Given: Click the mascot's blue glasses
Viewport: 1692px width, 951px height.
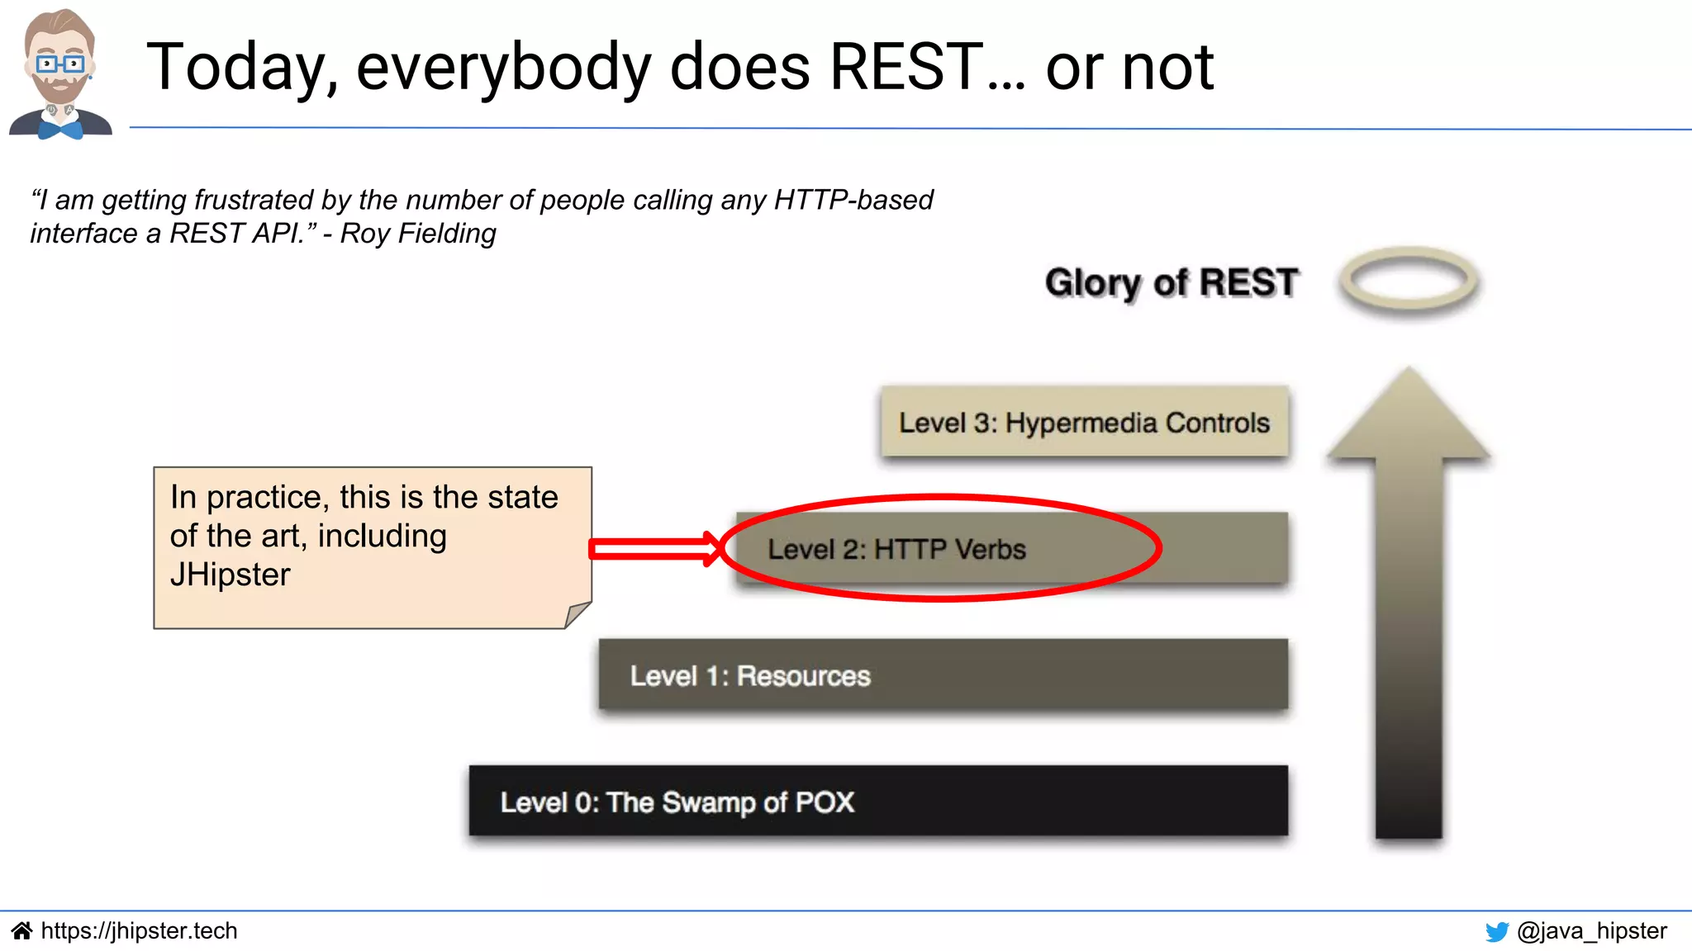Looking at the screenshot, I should [59, 64].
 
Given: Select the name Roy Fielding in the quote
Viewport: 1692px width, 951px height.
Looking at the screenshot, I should [418, 234].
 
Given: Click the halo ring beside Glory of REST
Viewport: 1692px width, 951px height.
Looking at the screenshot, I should [1409, 281].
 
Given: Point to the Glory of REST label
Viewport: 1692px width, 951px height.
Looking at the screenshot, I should [1171, 282].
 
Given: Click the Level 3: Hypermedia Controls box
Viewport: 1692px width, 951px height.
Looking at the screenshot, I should [1084, 423].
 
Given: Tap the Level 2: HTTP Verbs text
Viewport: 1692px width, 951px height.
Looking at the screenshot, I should [896, 550].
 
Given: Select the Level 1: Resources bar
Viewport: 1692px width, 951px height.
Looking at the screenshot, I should [943, 675].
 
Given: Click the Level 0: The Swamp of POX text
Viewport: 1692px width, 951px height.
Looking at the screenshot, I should [677, 802].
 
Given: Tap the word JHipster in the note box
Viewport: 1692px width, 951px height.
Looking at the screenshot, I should [231, 575].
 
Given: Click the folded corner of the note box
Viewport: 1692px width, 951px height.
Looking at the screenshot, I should [577, 615].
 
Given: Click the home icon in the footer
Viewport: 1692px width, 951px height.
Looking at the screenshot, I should [21, 931].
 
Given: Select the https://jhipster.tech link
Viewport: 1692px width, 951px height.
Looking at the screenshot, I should [139, 931].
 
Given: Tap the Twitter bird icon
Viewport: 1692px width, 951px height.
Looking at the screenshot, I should [1496, 932].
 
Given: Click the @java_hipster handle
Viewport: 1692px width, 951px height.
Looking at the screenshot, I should [1591, 931].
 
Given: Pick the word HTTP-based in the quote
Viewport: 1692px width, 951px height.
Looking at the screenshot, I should [853, 200].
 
